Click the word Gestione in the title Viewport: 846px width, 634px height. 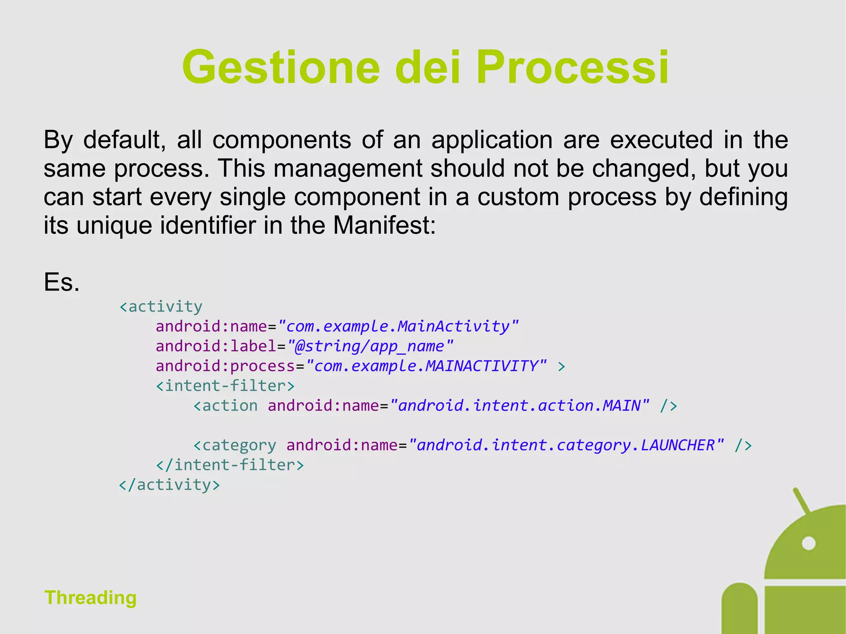(x=281, y=67)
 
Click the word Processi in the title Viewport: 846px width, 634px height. (x=572, y=67)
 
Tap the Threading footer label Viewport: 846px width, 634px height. (x=90, y=597)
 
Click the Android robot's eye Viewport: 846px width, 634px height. (x=808, y=543)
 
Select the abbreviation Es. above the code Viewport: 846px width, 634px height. (x=62, y=283)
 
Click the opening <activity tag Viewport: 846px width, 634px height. (x=161, y=306)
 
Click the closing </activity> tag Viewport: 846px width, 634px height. (x=169, y=484)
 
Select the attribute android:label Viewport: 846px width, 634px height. (x=216, y=346)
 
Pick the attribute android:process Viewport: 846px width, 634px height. (x=225, y=366)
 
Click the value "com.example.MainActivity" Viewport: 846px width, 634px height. (x=398, y=326)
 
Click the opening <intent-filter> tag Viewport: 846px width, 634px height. (x=225, y=386)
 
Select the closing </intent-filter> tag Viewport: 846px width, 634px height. (x=230, y=465)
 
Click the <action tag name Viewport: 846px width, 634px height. (x=226, y=406)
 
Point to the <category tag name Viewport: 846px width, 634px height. (x=235, y=445)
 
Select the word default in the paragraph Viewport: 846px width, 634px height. (x=121, y=140)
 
